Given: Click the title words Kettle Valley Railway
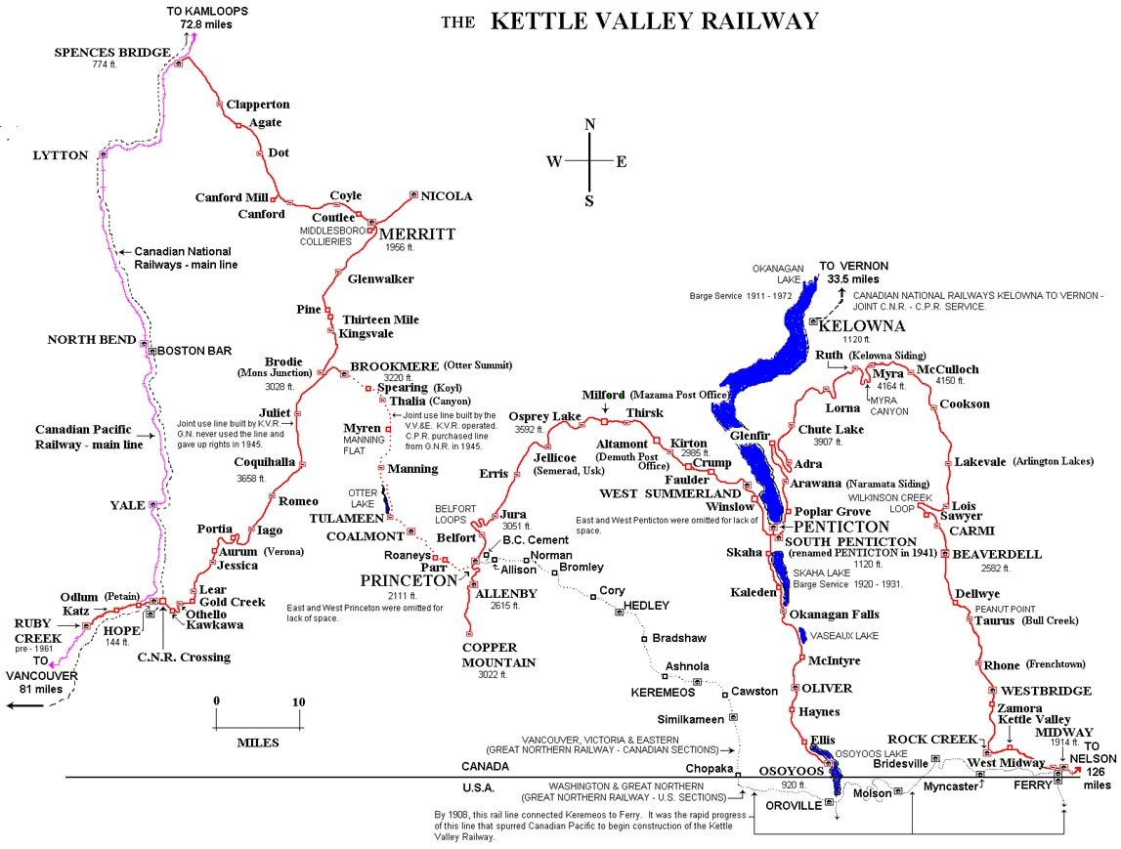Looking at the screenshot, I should coord(654,21).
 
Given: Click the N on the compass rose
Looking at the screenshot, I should coord(589,124).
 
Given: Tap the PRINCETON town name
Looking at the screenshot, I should coord(409,579).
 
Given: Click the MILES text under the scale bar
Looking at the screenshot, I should coord(258,743).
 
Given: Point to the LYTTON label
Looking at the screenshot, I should coord(61,155).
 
